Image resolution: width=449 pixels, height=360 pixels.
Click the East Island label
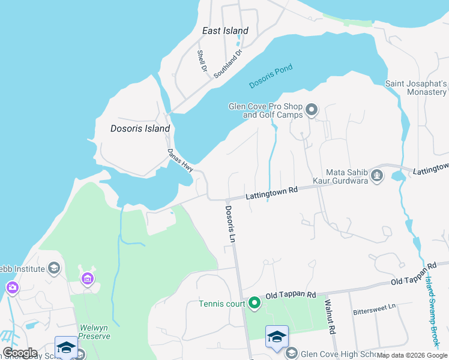pos(225,31)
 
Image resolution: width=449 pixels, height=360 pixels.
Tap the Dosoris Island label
pos(140,128)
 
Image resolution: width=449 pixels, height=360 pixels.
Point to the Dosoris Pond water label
pos(270,77)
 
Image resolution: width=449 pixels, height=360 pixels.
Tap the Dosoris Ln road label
pos(229,224)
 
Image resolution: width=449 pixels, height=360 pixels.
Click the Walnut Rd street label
pos(329,319)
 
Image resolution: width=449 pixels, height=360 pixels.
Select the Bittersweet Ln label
pos(375,307)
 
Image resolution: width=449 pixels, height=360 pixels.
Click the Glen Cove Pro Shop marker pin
pos(312,110)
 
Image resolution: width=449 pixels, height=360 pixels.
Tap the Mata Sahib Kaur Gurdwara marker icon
pos(377,175)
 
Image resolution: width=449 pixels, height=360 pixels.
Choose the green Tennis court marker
pos(255,304)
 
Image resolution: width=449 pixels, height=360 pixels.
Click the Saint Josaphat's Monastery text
pos(416,88)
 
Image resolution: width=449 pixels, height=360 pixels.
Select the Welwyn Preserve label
pos(89,336)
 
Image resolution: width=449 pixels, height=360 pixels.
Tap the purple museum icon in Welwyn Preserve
pos(88,278)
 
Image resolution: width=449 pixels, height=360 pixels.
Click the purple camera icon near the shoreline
pos(12,289)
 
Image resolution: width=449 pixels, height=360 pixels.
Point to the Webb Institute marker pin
pos(54,268)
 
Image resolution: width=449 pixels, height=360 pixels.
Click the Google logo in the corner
pos(19,353)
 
